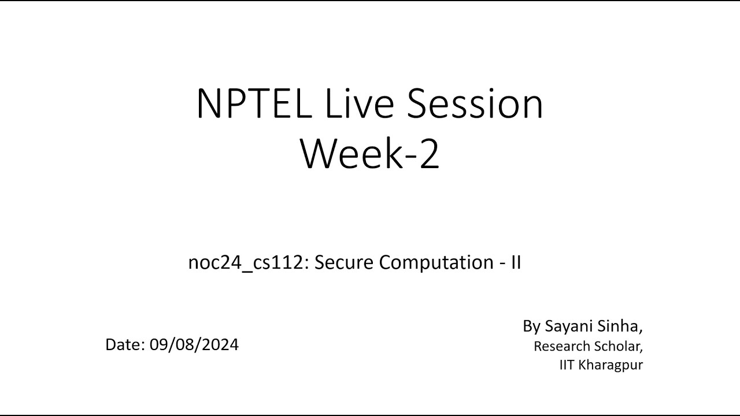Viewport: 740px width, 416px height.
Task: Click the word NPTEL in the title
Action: click(254, 103)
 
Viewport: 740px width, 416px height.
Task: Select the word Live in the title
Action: click(360, 103)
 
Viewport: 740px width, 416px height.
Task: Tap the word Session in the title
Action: click(475, 103)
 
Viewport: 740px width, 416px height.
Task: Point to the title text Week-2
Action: click(369, 154)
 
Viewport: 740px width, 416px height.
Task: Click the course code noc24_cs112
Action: click(246, 263)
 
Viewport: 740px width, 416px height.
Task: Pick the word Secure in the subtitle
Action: click(343, 262)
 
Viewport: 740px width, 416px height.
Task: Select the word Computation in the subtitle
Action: click(436, 263)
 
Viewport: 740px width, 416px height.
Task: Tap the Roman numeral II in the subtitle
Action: click(516, 262)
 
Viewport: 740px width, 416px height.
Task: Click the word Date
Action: click(123, 345)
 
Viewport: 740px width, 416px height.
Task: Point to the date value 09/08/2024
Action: click(194, 345)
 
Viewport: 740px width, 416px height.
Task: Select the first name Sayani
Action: click(568, 326)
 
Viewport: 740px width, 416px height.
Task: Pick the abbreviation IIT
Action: click(566, 365)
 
